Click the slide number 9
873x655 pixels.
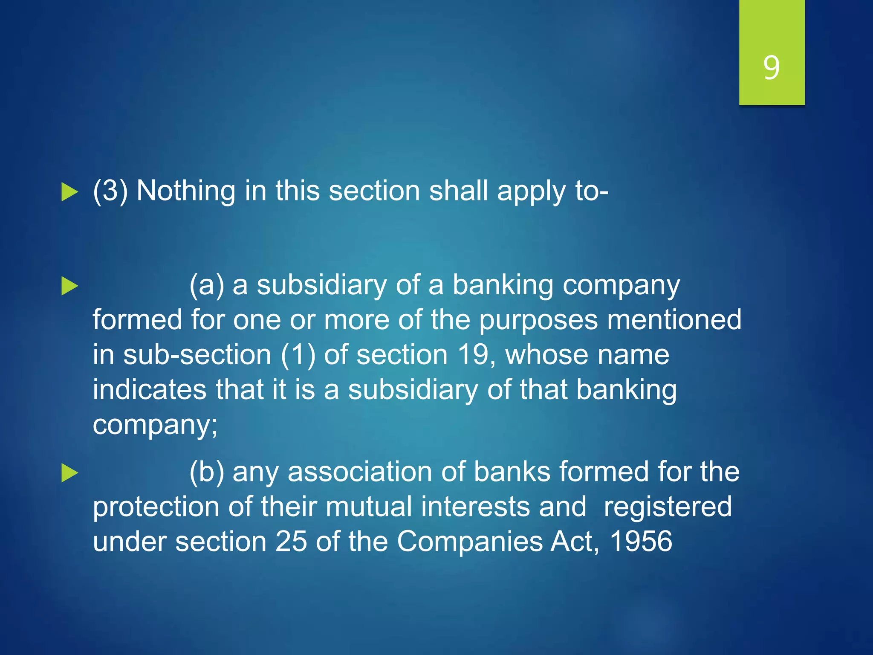pos(772,67)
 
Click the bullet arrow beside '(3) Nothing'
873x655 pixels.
pos(69,191)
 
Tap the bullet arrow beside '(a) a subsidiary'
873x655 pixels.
pos(69,286)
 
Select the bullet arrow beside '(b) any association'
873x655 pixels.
pos(69,473)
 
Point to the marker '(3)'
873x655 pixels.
pos(110,191)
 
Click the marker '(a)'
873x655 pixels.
pos(207,285)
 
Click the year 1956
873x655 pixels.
pos(641,542)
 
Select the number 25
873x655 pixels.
pos(291,542)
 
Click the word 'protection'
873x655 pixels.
pos(156,507)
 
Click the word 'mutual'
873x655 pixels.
pos(368,507)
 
